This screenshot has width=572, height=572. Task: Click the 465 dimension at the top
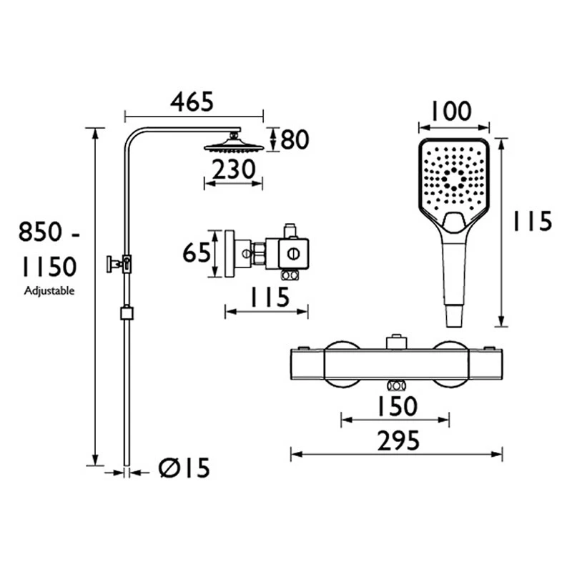point(192,102)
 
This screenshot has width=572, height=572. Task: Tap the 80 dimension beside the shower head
point(294,139)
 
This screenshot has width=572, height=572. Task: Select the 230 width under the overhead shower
point(233,169)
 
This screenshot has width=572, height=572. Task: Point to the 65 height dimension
point(196,253)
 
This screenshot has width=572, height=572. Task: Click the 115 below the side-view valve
point(266,297)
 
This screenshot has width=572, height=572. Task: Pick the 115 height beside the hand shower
point(531,222)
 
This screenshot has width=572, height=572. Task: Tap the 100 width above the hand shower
point(452,112)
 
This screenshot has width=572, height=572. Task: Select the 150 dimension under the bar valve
point(395,406)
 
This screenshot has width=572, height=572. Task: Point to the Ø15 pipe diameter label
point(184,469)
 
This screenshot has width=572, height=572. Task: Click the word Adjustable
point(49,291)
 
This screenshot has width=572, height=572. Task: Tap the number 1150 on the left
point(48,267)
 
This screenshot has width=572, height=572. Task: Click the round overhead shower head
point(233,147)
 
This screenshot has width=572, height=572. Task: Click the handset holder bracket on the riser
point(119,263)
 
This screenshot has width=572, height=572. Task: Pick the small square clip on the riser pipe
point(127,312)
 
